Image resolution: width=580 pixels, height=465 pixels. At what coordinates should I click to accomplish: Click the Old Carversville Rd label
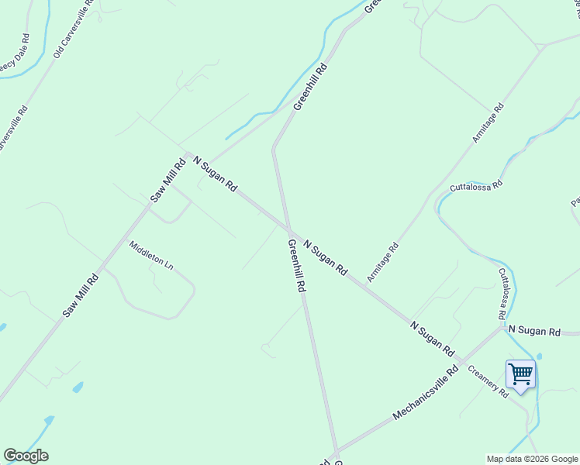tap(74, 29)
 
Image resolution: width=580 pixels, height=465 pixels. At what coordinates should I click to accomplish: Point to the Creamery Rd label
tap(488, 381)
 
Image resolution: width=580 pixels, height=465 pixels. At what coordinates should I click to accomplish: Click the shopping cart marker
tap(520, 375)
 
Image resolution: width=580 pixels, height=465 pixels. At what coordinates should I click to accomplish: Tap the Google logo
tap(26, 456)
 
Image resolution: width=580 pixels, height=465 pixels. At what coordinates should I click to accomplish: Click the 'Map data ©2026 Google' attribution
tap(532, 459)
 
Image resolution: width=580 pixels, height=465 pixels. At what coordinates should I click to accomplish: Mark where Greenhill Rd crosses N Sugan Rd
tap(289, 229)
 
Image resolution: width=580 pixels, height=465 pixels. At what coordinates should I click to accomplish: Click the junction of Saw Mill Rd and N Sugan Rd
tap(187, 153)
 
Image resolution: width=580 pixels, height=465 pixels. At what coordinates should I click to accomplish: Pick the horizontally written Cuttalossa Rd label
tap(476, 187)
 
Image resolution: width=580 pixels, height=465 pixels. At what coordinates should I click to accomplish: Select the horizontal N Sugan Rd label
tap(533, 331)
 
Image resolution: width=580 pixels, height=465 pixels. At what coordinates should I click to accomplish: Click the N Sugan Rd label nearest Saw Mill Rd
tap(215, 174)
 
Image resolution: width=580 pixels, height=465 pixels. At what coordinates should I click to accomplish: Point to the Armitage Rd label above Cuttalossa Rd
tap(489, 122)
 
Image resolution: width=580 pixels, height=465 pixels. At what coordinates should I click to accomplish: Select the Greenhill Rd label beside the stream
tap(310, 86)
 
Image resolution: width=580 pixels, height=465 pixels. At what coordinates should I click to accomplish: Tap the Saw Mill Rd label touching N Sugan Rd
tap(168, 181)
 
